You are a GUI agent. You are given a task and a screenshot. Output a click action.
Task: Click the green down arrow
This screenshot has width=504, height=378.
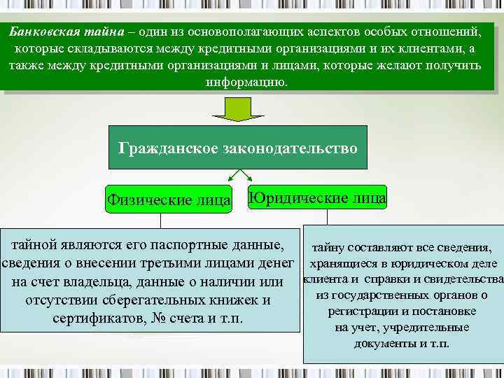237,108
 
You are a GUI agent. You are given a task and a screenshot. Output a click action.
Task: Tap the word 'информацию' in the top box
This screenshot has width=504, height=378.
245,81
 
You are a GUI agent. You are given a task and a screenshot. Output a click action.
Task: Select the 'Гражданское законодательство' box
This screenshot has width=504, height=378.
238,148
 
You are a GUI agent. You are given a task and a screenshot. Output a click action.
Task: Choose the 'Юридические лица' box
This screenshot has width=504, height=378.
317,197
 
